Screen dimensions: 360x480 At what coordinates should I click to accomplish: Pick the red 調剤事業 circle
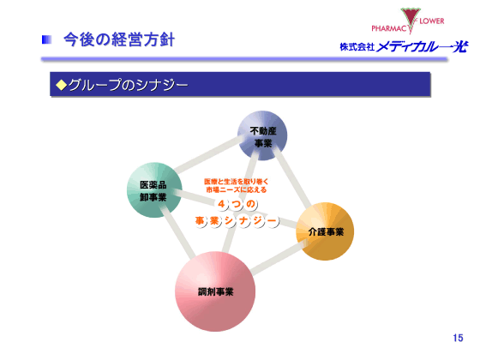[x=215, y=291]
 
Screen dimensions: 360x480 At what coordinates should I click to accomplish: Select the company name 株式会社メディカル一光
[x=402, y=47]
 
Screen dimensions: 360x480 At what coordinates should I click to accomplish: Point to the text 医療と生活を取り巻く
[x=236, y=181]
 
